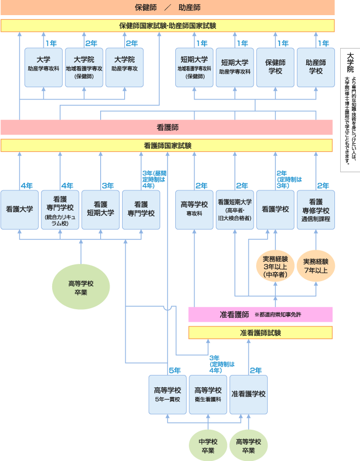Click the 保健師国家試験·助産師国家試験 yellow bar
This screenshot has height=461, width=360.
pyautogui.click(x=167, y=26)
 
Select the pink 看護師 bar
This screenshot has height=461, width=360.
pyautogui.click(x=167, y=127)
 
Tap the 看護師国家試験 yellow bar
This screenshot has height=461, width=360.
pyautogui.click(x=167, y=145)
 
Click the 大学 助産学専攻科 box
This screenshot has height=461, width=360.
pyautogui.click(x=43, y=67)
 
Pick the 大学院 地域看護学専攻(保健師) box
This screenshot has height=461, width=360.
pyautogui.click(x=83, y=67)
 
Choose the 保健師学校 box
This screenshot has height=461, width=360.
pyautogui.click(x=275, y=67)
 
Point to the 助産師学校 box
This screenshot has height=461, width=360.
pyautogui.click(x=316, y=67)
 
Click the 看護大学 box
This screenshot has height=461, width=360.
pyautogui.click(x=19, y=210)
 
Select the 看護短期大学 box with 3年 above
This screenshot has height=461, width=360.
pyautogui.click(x=100, y=210)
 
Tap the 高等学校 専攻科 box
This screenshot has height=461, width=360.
pyautogui.click(x=194, y=210)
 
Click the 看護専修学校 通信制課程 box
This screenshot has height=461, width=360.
pyautogui.click(x=316, y=210)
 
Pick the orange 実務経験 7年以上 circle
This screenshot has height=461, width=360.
pyautogui.click(x=315, y=266)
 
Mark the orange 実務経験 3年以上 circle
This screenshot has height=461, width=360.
pyautogui.click(x=275, y=266)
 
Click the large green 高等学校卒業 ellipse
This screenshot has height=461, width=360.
pyautogui.click(x=81, y=288)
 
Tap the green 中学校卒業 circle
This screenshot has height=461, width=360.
pyautogui.click(x=208, y=445)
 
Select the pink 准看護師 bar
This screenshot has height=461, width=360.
pyautogui.click(x=260, y=314)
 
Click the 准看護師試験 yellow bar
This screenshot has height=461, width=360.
pyautogui.click(x=260, y=333)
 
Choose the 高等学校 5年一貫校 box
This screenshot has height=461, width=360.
pyautogui.click(x=167, y=394)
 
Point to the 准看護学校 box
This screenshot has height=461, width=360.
pyautogui.click(x=248, y=394)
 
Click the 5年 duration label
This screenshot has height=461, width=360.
pyautogui.click(x=174, y=370)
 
